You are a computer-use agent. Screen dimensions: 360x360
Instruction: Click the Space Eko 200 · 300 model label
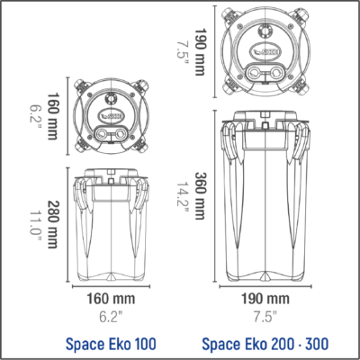tap(265, 342)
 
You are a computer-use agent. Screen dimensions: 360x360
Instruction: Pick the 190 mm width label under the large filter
tap(265, 298)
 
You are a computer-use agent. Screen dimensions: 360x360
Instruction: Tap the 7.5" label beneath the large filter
tap(265, 315)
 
